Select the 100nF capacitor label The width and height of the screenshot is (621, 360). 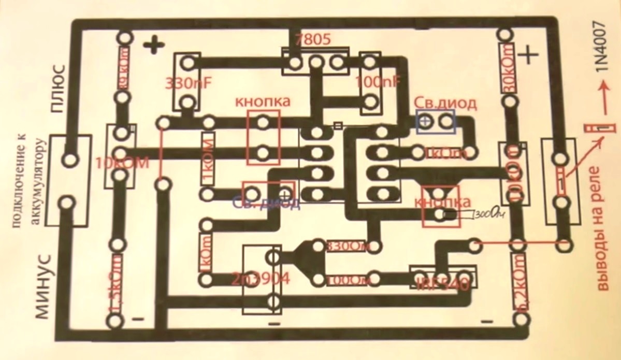point(378,82)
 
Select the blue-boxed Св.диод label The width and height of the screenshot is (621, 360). point(446,104)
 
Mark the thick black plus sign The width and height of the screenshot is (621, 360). point(154,46)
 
